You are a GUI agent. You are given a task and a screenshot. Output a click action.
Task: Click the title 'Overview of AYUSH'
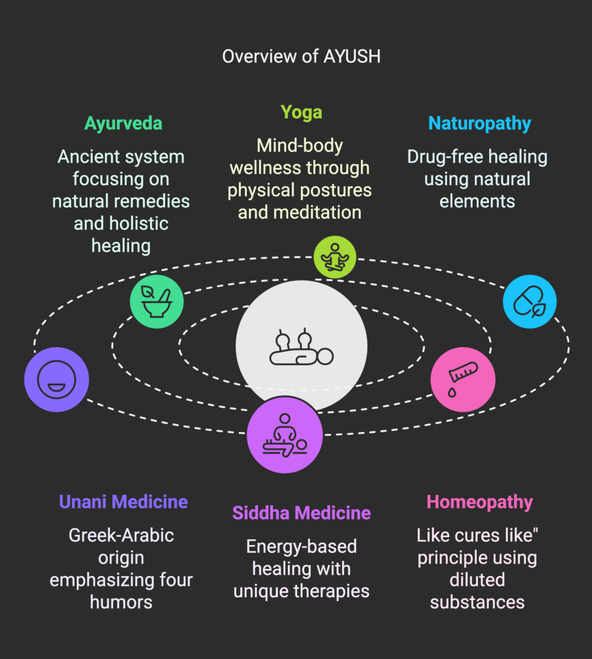tap(301, 57)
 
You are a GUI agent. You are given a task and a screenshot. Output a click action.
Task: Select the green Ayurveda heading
tap(123, 124)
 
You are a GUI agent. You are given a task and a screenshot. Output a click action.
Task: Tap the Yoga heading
tap(301, 113)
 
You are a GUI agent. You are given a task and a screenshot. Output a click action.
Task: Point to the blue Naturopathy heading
tap(479, 124)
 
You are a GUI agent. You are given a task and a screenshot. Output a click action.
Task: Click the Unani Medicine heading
tap(123, 502)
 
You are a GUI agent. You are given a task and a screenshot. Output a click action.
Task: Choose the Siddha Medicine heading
tap(301, 513)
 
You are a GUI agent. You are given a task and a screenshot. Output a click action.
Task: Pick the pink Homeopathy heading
tap(479, 502)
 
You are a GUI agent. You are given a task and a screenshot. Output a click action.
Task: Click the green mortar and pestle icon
tap(157, 302)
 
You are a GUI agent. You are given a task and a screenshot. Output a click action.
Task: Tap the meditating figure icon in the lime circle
tap(335, 257)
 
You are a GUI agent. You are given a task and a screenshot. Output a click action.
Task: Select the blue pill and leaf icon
tap(530, 301)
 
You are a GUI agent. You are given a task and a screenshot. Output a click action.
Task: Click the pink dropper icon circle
tap(463, 380)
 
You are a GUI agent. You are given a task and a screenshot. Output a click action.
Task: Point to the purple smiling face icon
tap(57, 380)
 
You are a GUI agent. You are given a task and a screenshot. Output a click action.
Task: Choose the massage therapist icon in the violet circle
tap(285, 435)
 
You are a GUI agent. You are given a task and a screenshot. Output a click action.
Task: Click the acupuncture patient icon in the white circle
tap(301, 346)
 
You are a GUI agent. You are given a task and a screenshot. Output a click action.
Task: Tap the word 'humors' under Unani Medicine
tap(121, 602)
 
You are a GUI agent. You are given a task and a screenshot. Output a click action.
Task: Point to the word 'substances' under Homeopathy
tap(477, 602)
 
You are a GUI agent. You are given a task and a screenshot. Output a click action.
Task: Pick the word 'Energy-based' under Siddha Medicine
tap(301, 547)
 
